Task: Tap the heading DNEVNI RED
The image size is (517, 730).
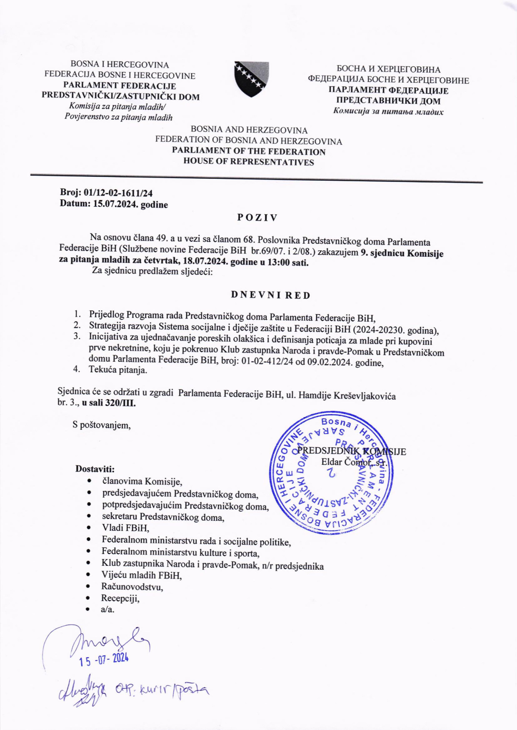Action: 270,295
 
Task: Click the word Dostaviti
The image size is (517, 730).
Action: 95,469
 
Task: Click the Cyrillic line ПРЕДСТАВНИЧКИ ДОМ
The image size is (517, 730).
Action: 388,101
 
